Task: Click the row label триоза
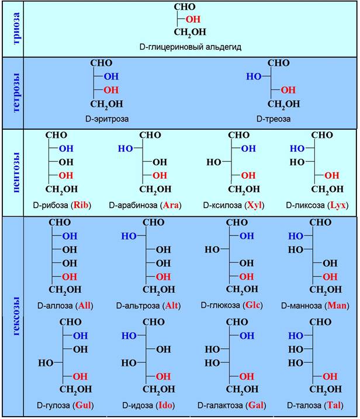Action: [x=16, y=29]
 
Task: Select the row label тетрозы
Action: [x=16, y=93]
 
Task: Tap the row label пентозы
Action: [x=16, y=172]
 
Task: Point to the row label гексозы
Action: [x=16, y=316]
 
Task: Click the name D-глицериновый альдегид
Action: [x=191, y=47]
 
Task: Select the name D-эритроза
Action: [x=107, y=119]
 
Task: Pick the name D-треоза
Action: [x=274, y=119]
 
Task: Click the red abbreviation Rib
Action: [x=81, y=205]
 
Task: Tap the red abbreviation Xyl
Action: [x=254, y=205]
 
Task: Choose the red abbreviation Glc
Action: [x=252, y=305]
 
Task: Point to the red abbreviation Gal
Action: [x=256, y=405]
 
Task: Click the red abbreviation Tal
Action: [x=334, y=405]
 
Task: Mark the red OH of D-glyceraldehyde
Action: [x=193, y=19]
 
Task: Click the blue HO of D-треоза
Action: [x=254, y=77]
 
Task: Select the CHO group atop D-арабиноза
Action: [x=150, y=135]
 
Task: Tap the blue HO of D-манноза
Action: [x=296, y=236]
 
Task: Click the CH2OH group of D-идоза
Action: [x=159, y=390]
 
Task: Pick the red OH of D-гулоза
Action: [x=80, y=376]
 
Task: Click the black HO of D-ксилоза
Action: [x=214, y=162]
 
